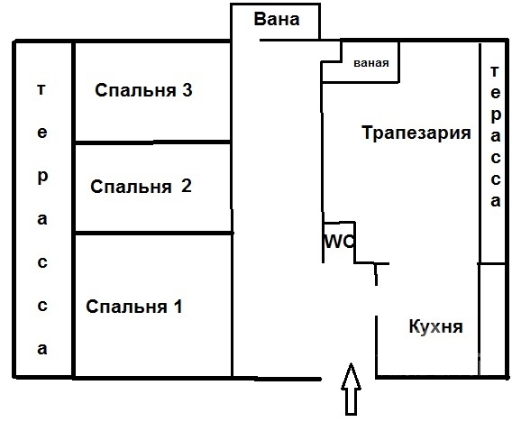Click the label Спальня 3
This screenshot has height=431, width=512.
[143, 90]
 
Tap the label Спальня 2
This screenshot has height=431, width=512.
[141, 187]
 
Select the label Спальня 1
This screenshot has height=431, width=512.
[134, 307]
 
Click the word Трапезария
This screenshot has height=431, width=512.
[416, 133]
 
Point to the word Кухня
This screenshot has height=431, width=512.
[435, 326]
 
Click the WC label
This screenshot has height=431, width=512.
[339, 242]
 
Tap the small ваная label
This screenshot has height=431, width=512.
[371, 63]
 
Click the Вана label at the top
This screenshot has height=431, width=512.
[277, 19]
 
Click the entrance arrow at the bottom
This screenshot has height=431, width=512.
[351, 389]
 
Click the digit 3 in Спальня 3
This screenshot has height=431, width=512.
[187, 90]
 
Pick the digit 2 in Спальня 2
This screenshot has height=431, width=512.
[186, 186]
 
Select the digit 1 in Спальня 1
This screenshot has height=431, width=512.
[178, 307]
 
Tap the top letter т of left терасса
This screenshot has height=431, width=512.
[41, 89]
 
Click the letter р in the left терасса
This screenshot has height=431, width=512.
[42, 178]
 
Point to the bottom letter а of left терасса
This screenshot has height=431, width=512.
[42, 349]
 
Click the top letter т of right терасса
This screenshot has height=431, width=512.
[496, 71]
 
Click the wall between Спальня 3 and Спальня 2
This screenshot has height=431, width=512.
[153, 142]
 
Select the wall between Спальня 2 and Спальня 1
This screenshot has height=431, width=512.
[153, 234]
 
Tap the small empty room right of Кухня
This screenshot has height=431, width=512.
[493, 320]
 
